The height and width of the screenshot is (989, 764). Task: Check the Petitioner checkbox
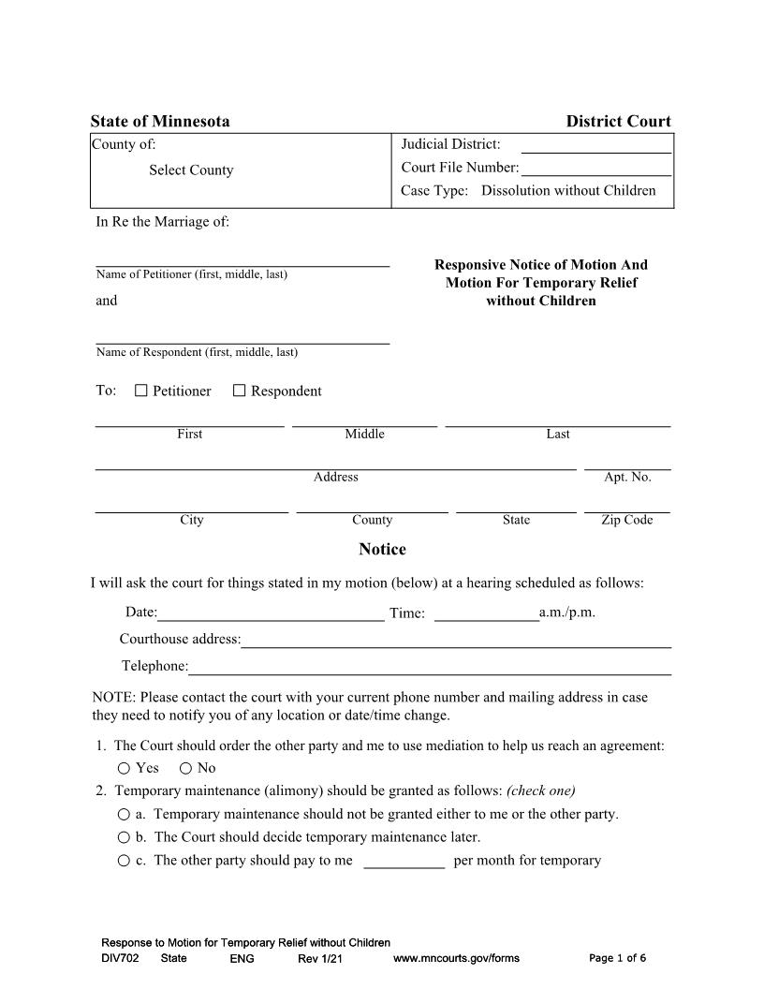click(141, 391)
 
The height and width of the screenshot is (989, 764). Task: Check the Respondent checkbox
click(239, 391)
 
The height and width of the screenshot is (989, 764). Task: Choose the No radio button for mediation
click(185, 768)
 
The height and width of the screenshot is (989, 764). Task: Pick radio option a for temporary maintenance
click(125, 814)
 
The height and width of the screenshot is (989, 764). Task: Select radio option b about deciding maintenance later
click(125, 837)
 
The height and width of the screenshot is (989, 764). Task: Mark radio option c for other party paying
click(125, 861)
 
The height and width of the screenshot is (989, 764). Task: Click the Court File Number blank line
click(595, 169)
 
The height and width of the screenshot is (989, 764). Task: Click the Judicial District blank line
click(595, 145)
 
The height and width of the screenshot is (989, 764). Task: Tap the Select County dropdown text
click(191, 170)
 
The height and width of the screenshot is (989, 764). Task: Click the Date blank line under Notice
click(271, 613)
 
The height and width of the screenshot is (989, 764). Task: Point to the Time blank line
click(486, 613)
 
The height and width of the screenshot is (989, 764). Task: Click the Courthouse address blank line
click(456, 641)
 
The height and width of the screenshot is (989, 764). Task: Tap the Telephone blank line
click(430, 667)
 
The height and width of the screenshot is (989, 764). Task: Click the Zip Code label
click(626, 520)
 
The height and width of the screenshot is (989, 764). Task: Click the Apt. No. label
click(627, 477)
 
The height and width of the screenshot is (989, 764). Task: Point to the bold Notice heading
click(382, 549)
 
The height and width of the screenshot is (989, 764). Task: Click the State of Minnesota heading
click(160, 122)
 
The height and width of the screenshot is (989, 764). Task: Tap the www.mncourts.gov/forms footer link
click(456, 958)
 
